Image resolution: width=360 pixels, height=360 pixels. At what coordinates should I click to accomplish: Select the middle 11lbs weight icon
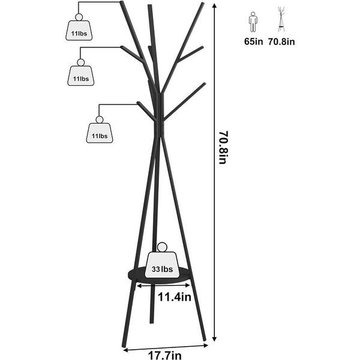tap(80, 76)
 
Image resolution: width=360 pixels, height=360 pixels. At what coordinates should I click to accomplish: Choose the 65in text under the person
tap(253, 43)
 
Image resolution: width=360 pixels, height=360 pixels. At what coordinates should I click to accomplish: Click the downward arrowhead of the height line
tap(215, 340)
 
